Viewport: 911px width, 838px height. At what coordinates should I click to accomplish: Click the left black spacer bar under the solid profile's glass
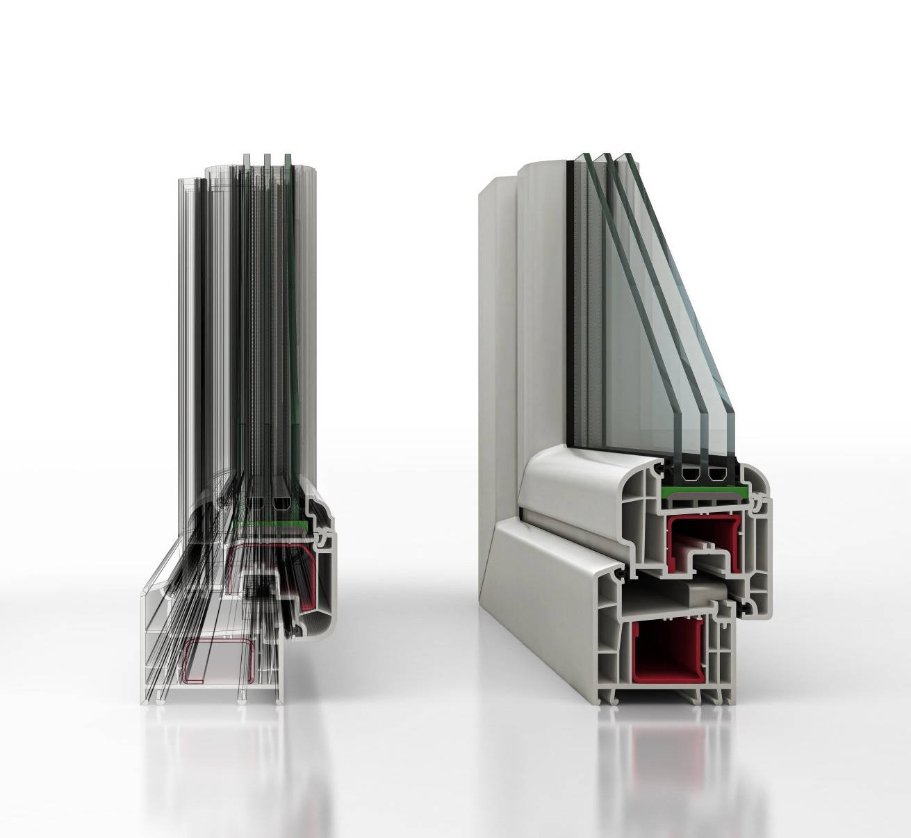pyautogui.click(x=690, y=475)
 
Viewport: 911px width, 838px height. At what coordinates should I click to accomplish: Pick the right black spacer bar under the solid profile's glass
pyautogui.click(x=716, y=475)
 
